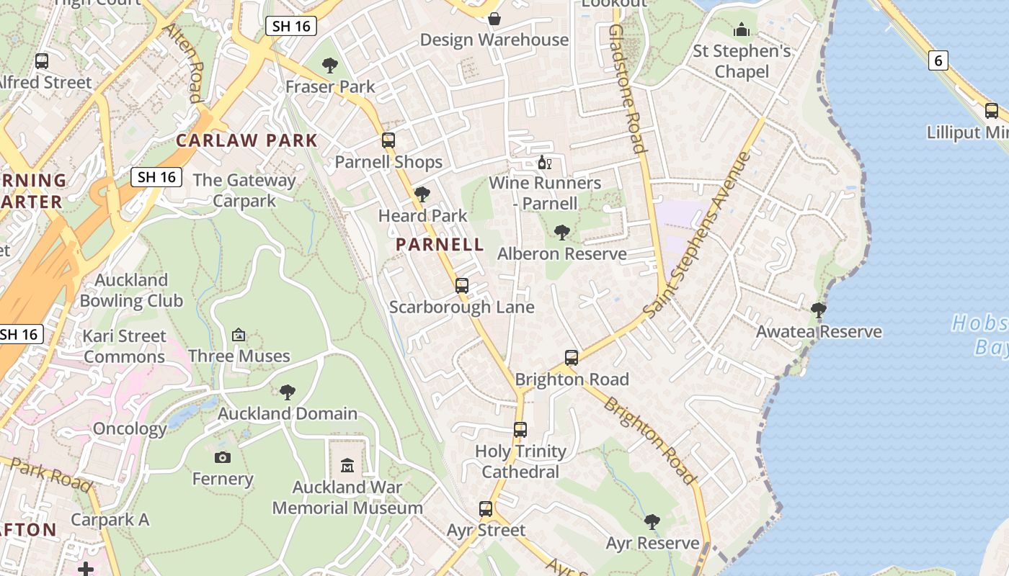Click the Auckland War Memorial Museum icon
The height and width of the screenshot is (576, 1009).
[x=347, y=465]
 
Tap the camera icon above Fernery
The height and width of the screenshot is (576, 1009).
[x=223, y=457]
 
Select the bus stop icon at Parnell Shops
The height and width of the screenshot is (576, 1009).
[x=388, y=140]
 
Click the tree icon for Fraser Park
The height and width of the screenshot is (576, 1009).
[x=330, y=66]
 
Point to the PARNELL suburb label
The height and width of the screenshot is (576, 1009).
[x=440, y=244]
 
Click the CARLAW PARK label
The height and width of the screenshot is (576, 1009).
[x=246, y=140]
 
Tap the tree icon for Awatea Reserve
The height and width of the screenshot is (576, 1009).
[x=818, y=310]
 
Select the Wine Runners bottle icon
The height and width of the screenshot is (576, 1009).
[x=544, y=163]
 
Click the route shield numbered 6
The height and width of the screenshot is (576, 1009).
[x=938, y=60]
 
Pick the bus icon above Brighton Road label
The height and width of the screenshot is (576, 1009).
[x=572, y=357]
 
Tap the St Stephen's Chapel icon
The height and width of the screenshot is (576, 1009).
[x=742, y=30]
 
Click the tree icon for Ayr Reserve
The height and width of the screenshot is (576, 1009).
[x=652, y=521]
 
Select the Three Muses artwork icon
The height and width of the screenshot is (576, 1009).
[x=239, y=335]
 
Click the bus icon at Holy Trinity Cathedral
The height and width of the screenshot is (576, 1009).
[x=520, y=430]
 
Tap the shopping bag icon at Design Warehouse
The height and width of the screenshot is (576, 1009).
[x=494, y=18]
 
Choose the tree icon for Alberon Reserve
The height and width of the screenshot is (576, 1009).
[x=562, y=232]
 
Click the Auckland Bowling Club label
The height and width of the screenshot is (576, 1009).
[x=132, y=290]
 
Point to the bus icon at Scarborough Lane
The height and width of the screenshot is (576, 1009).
[x=462, y=286]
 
